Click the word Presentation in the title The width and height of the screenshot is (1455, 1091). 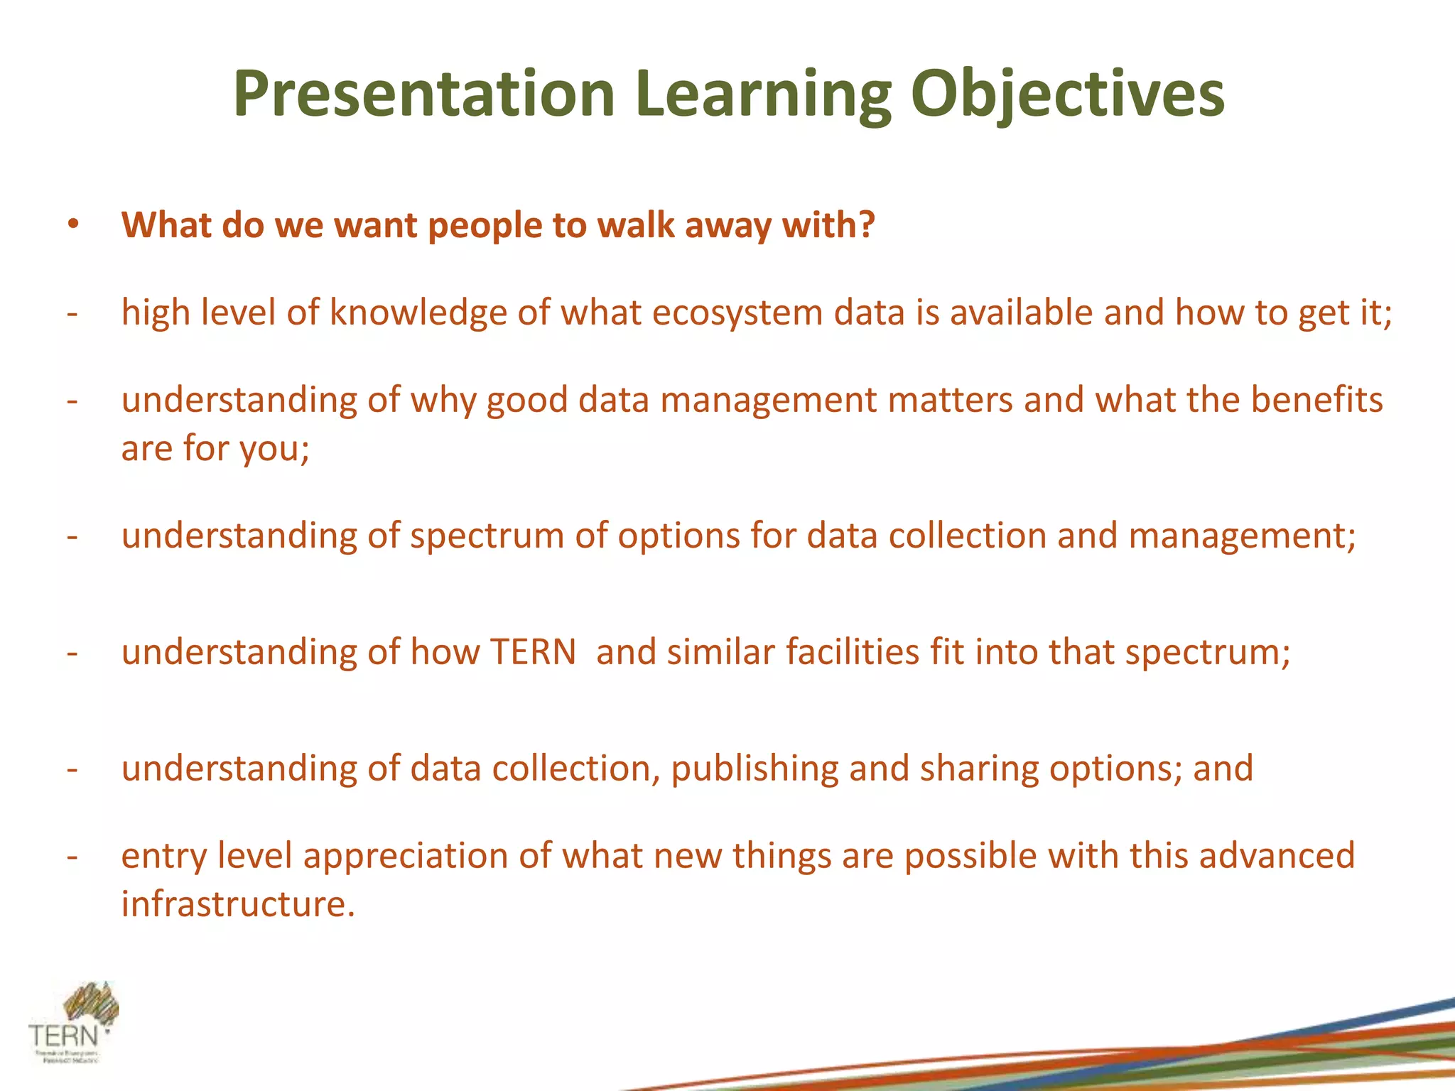tap(423, 94)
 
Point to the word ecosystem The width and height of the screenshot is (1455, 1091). tap(737, 313)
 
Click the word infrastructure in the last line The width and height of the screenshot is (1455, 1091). tap(237, 904)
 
